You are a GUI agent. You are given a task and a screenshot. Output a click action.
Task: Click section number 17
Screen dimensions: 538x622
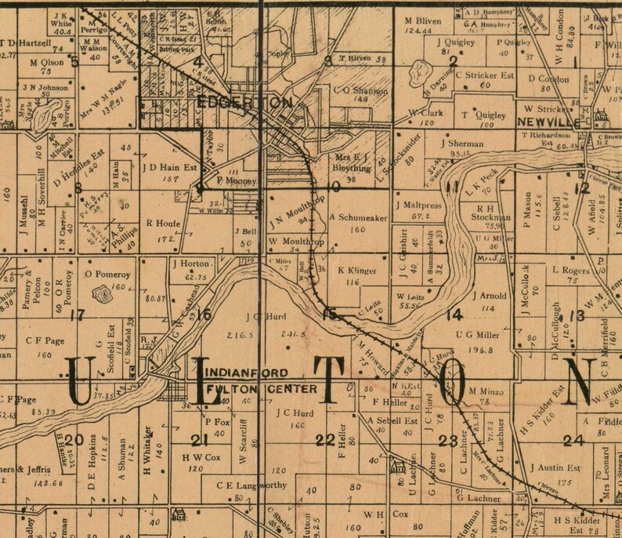(77, 316)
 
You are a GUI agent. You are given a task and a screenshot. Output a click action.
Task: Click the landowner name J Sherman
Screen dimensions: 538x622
(465, 144)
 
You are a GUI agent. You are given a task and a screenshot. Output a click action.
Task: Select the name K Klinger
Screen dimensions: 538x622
(357, 271)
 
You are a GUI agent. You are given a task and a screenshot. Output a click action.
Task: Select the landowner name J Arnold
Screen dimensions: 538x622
(490, 296)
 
